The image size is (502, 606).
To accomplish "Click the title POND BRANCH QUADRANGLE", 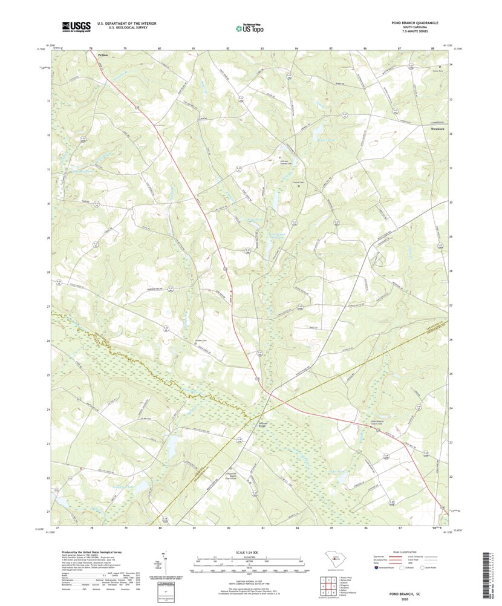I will [414, 22].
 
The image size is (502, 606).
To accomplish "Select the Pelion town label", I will [103, 55].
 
